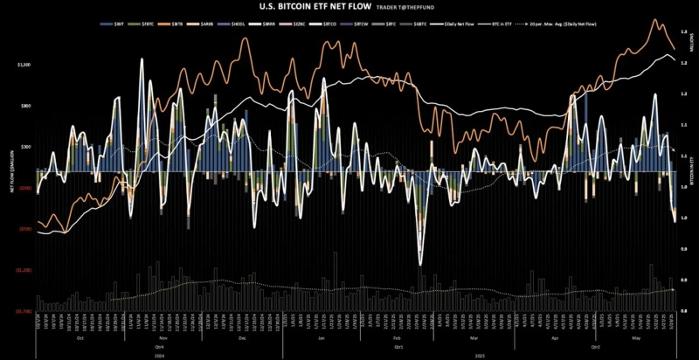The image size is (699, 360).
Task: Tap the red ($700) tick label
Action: [25, 229]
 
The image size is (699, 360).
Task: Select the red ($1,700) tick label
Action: [24, 311]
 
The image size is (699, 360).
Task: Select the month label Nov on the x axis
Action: [163, 337]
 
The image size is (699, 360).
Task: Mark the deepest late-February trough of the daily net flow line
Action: [421, 265]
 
